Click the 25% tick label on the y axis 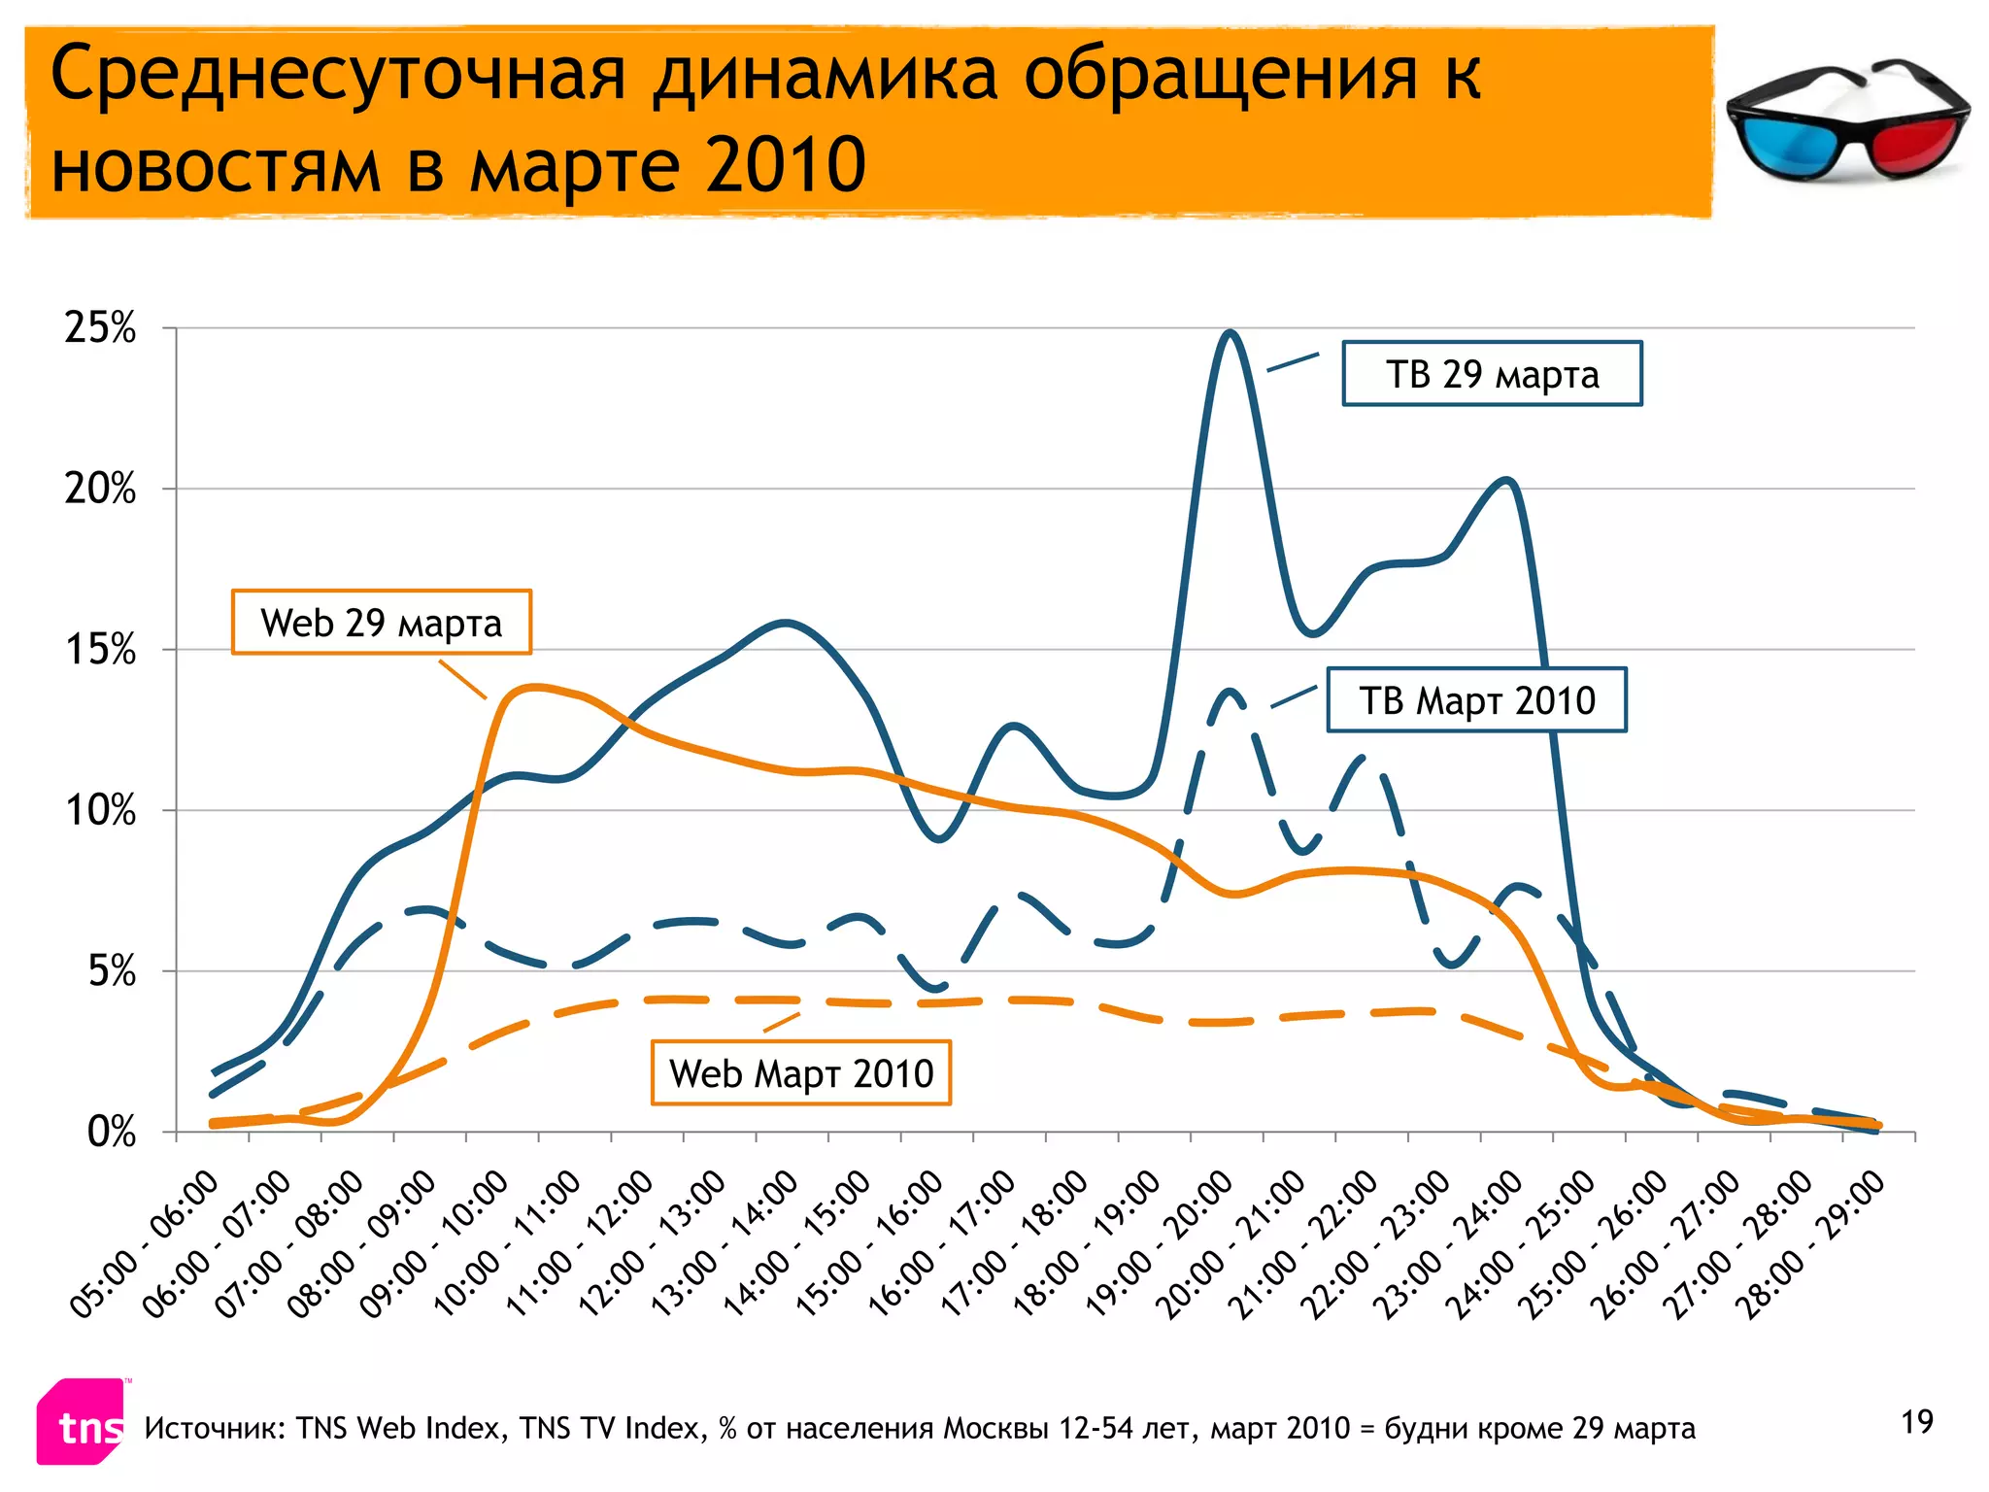pyautogui.click(x=100, y=328)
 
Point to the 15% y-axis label pyautogui.click(x=100, y=650)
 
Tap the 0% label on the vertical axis pyautogui.click(x=111, y=1133)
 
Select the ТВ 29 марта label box pyautogui.click(x=1492, y=374)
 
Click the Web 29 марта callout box pyautogui.click(x=381, y=623)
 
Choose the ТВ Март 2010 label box pyautogui.click(x=1476, y=700)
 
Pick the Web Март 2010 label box pyautogui.click(x=800, y=1073)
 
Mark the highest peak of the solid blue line pyautogui.click(x=1230, y=332)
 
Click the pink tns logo pyautogui.click(x=84, y=1424)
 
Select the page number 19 pyautogui.click(x=1917, y=1422)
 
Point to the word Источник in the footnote pyautogui.click(x=214, y=1429)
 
